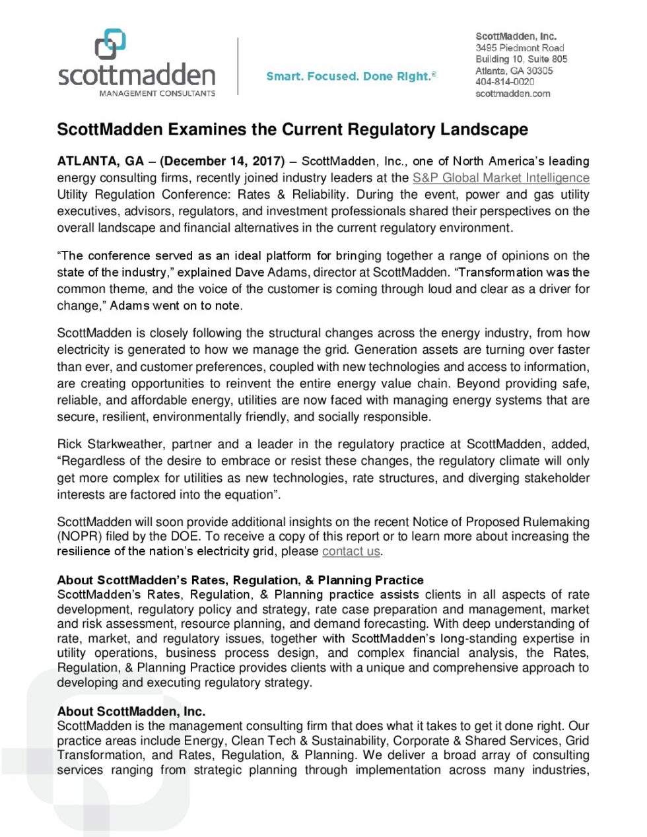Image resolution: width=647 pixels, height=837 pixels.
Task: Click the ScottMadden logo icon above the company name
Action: click(x=110, y=44)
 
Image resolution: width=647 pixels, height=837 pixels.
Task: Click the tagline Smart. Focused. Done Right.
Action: click(x=351, y=77)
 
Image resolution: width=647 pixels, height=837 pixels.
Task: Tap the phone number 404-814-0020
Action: click(x=505, y=82)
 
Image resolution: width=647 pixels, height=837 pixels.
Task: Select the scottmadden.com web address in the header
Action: click(x=513, y=94)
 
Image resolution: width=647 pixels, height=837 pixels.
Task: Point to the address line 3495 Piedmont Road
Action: click(x=520, y=48)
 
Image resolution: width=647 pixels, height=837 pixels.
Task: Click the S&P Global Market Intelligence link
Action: click(x=500, y=178)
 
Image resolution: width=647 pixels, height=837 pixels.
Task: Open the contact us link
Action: click(x=351, y=551)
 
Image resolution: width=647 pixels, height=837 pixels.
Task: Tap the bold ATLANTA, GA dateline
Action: click(x=100, y=161)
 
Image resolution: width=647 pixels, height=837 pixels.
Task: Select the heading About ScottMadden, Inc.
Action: click(x=131, y=711)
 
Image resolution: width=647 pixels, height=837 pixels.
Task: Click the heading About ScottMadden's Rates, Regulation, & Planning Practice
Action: click(x=240, y=580)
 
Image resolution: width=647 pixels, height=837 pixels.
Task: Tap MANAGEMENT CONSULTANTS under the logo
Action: click(x=157, y=94)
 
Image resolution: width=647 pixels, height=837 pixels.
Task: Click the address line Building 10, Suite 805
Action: click(x=522, y=59)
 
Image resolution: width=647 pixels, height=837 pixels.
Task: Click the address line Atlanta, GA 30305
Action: click(x=514, y=71)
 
